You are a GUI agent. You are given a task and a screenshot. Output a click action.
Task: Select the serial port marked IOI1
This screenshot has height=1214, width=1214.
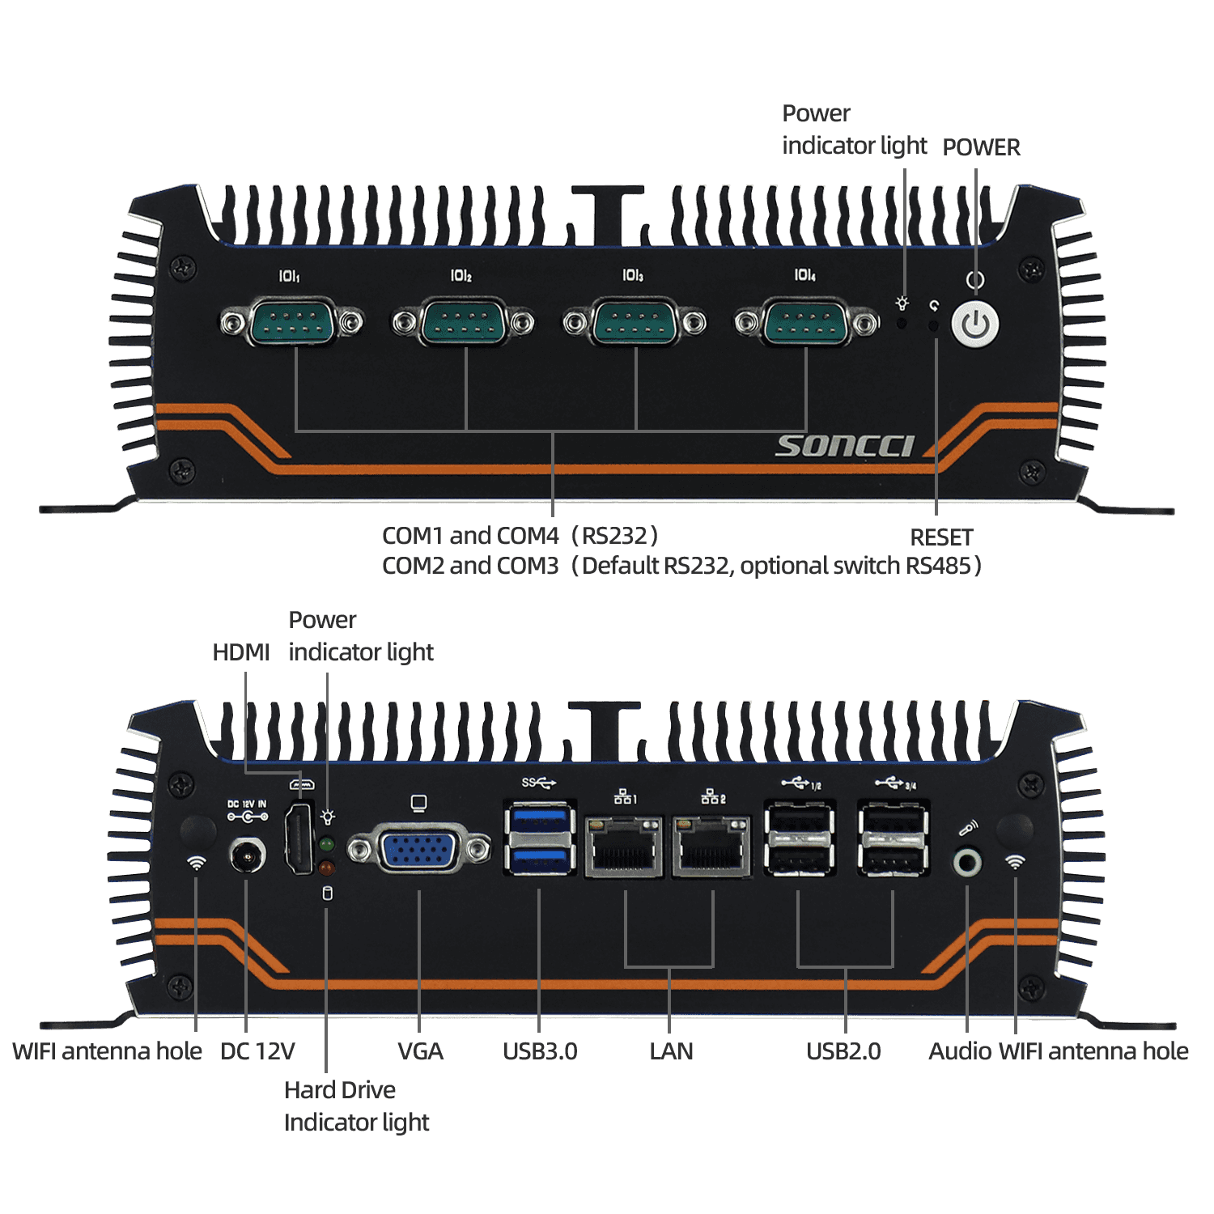(x=291, y=322)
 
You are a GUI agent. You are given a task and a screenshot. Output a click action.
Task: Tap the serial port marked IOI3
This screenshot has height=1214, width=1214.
(x=635, y=322)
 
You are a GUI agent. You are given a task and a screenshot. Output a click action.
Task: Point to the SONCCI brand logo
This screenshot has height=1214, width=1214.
(x=845, y=446)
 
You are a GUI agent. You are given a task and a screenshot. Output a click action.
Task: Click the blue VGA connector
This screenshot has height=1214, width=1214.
(x=419, y=849)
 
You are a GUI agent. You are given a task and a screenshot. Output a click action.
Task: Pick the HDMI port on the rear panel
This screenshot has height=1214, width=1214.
(x=299, y=837)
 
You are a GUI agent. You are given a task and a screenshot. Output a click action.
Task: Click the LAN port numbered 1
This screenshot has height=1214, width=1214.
(x=625, y=847)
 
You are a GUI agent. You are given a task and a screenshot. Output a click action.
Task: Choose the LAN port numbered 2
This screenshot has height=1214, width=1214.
(x=712, y=847)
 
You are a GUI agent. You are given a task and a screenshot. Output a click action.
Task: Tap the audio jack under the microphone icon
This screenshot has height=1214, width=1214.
(x=967, y=862)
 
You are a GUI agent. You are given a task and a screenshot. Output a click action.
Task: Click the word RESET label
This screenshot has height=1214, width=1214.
(x=941, y=537)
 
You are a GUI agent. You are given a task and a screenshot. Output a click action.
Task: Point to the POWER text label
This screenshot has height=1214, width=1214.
(x=981, y=147)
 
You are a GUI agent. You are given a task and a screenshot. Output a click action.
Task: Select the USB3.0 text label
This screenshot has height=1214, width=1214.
(x=540, y=1051)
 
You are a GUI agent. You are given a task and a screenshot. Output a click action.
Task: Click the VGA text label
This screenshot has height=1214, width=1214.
(x=420, y=1051)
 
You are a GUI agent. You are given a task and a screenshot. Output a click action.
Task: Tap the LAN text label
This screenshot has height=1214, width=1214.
(x=671, y=1051)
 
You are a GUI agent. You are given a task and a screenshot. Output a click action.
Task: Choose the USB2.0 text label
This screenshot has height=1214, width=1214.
(x=843, y=1051)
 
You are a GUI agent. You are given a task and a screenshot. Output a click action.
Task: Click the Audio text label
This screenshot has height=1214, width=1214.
(x=960, y=1051)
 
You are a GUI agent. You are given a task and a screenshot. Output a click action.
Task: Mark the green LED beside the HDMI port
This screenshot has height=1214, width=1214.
(x=327, y=844)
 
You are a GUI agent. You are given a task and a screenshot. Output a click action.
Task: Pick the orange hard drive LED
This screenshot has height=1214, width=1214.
(x=327, y=868)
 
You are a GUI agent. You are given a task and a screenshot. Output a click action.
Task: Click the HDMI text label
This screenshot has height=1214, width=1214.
(x=240, y=652)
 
